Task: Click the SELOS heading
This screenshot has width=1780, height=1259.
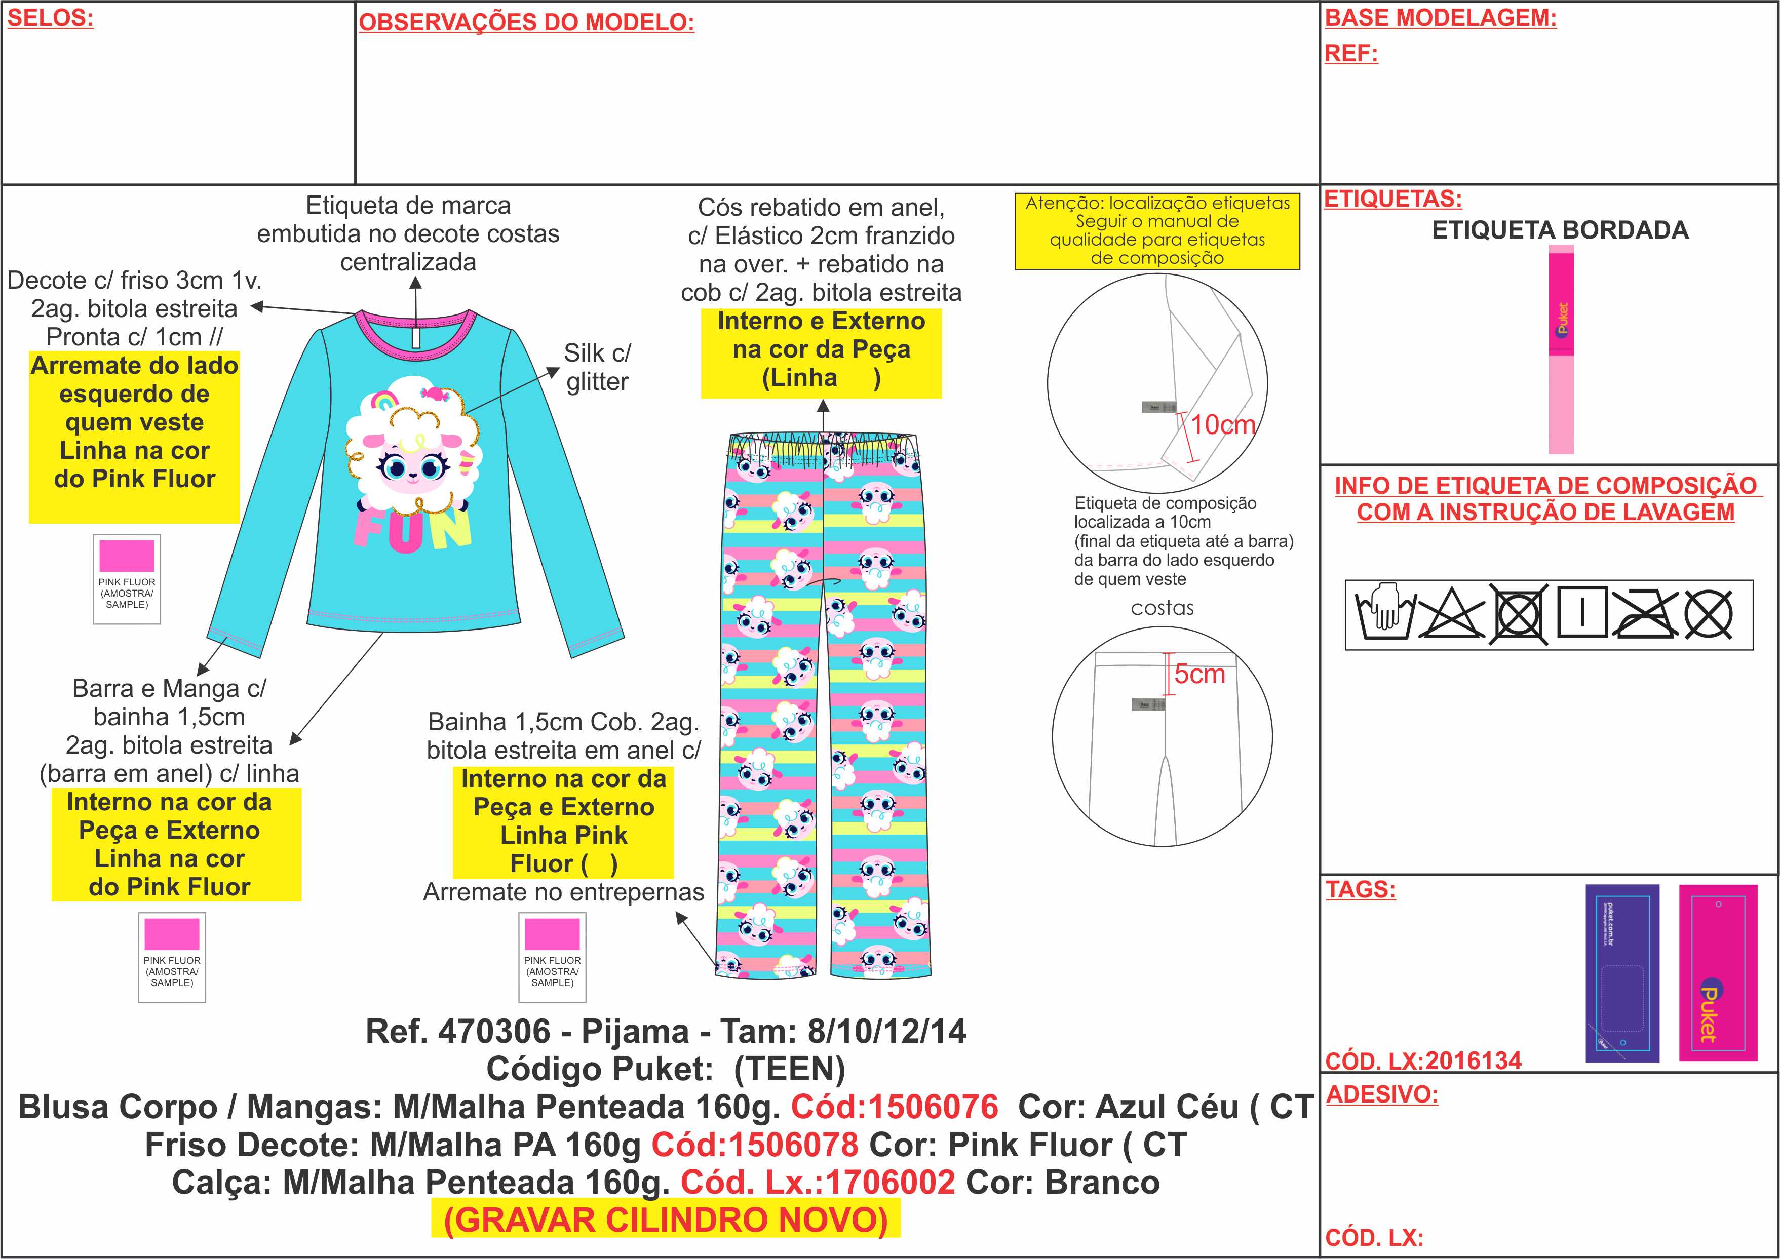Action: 50,19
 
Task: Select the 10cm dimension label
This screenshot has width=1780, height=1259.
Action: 1223,425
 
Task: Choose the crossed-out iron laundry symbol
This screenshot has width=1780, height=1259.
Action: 1645,614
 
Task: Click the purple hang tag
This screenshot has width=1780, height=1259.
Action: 1622,973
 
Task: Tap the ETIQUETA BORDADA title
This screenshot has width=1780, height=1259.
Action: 1559,230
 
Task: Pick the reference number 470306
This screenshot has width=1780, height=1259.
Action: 494,1032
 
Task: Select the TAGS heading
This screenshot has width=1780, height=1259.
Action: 1360,889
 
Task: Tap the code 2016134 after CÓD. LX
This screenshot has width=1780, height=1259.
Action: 1473,1060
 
